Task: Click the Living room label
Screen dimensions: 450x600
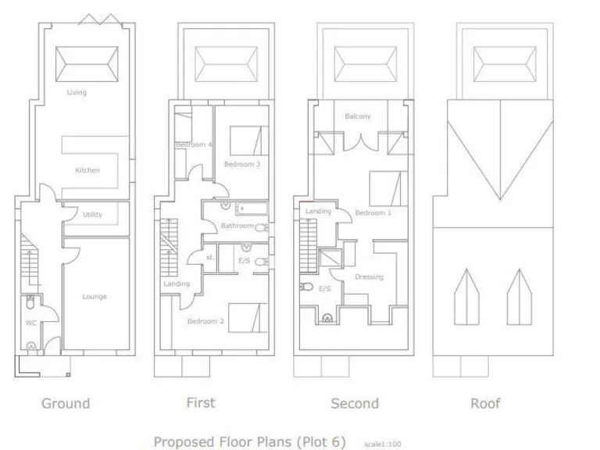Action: (77, 92)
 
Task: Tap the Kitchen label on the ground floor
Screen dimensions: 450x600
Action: (87, 170)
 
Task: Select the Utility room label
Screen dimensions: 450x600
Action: (92, 214)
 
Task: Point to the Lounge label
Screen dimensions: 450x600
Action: (95, 296)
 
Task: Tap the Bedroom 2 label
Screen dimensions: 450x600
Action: (205, 320)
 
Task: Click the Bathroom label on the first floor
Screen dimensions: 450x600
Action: (237, 226)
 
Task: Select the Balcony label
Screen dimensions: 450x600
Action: (358, 116)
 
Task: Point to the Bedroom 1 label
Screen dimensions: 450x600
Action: (373, 212)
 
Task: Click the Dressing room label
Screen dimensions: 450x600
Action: (369, 277)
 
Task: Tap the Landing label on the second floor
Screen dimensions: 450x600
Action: (318, 211)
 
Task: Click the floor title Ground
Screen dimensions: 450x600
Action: (66, 403)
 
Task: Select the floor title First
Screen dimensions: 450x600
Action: (201, 402)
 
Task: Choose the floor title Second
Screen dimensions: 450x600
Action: (355, 403)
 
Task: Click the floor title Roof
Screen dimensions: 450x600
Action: (484, 403)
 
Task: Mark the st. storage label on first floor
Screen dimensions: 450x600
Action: (209, 256)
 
